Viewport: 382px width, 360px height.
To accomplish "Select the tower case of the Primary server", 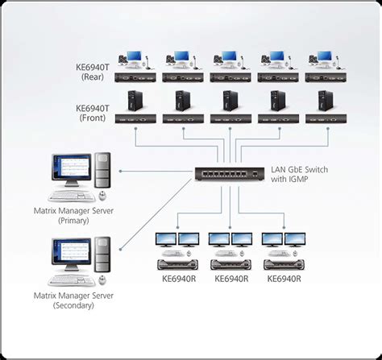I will point(102,171).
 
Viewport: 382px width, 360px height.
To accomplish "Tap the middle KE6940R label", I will point(230,279).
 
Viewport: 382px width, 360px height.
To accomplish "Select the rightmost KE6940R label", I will point(284,279).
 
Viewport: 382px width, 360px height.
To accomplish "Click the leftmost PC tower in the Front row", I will point(134,101).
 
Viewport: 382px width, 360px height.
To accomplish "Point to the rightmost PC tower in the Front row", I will point(324,101).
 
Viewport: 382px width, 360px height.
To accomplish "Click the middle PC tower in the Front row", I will point(229,101).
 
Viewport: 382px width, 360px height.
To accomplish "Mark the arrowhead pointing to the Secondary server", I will point(122,253).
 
